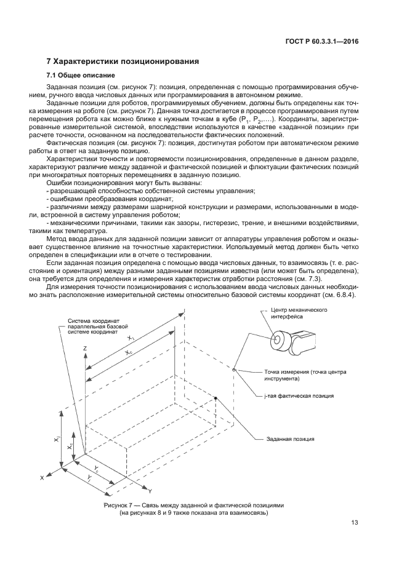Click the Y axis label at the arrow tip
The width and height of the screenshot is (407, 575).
click(x=150, y=490)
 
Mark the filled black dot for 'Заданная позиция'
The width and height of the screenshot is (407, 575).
click(x=216, y=398)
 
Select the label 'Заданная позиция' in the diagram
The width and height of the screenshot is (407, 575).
click(x=290, y=439)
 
